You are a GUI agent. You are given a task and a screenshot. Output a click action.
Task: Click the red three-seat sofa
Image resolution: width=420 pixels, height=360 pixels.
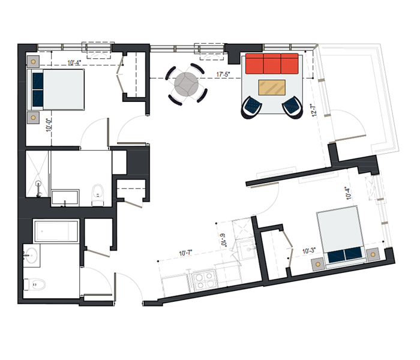point(272,64)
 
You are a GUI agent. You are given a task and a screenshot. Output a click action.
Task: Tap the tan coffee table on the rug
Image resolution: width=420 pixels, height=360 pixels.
point(272,88)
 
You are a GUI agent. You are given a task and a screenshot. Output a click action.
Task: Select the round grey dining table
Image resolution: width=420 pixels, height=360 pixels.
point(187,84)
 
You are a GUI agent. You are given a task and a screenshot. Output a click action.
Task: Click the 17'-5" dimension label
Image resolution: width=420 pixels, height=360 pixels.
point(223,74)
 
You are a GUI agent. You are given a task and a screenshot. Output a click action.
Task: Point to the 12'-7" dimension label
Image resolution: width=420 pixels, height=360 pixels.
point(314,110)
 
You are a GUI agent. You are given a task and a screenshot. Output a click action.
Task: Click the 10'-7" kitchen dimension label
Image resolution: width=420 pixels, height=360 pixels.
point(185,253)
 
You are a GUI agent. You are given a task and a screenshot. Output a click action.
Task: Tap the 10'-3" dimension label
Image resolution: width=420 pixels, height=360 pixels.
point(309,251)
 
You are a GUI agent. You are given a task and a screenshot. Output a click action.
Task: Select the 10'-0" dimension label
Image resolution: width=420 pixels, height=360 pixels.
point(49,125)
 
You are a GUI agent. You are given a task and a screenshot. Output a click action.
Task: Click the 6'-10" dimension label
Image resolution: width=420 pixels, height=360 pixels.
point(223,241)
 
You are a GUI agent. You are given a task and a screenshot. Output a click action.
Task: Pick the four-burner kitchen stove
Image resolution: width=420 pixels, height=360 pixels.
point(205,280)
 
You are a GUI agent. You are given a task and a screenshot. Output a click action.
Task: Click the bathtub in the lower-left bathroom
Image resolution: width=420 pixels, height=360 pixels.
point(56,232)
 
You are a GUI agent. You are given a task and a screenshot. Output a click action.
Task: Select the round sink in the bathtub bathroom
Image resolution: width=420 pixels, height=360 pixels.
point(31,255)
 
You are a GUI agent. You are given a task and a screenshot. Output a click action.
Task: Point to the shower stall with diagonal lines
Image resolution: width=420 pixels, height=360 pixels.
point(37,174)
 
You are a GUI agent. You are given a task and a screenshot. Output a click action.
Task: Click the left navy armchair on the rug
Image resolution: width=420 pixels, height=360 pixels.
point(251,107)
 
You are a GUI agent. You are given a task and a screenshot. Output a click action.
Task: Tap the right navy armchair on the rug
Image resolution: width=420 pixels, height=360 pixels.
point(293,107)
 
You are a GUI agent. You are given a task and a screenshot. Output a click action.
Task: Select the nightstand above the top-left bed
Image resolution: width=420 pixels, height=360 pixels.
point(33,62)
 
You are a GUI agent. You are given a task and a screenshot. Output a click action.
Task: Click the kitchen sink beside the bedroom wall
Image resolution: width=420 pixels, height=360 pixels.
point(247,250)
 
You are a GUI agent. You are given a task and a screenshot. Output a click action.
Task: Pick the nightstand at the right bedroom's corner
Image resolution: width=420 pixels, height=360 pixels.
point(373,254)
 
